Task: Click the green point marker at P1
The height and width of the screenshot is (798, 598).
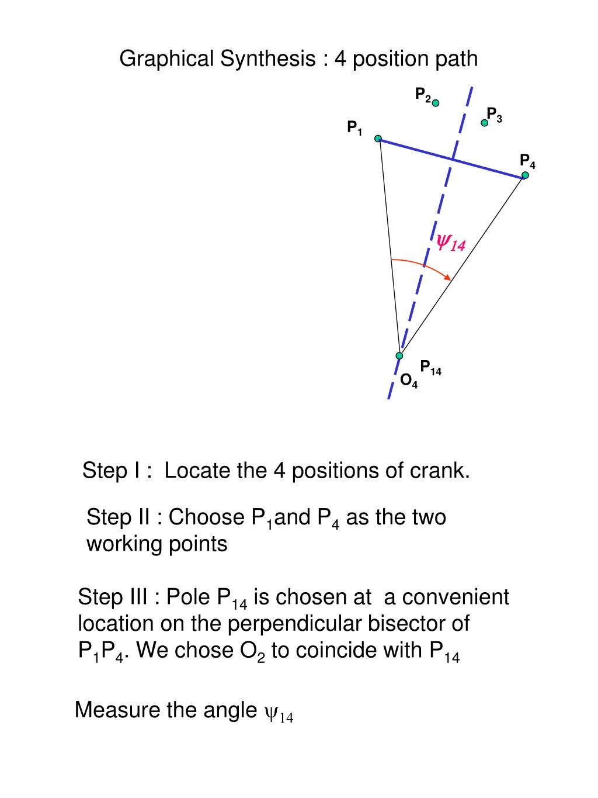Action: tap(378, 139)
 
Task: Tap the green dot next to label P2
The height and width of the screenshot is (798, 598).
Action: tap(435, 103)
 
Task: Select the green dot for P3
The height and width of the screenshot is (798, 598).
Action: tap(484, 123)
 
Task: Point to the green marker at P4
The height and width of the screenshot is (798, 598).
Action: tap(525, 175)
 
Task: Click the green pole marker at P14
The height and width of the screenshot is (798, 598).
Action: tap(399, 355)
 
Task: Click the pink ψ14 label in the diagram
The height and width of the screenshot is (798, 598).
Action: tap(451, 242)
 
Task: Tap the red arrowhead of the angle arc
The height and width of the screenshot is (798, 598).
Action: tap(448, 277)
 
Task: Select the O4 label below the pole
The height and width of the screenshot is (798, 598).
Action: tap(409, 381)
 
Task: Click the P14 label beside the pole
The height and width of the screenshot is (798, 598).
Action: tap(430, 367)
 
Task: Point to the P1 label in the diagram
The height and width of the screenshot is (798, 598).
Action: tap(354, 128)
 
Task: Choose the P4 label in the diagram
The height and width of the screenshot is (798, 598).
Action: tap(527, 161)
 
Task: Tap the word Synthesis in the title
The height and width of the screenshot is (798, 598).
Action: tap(267, 59)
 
